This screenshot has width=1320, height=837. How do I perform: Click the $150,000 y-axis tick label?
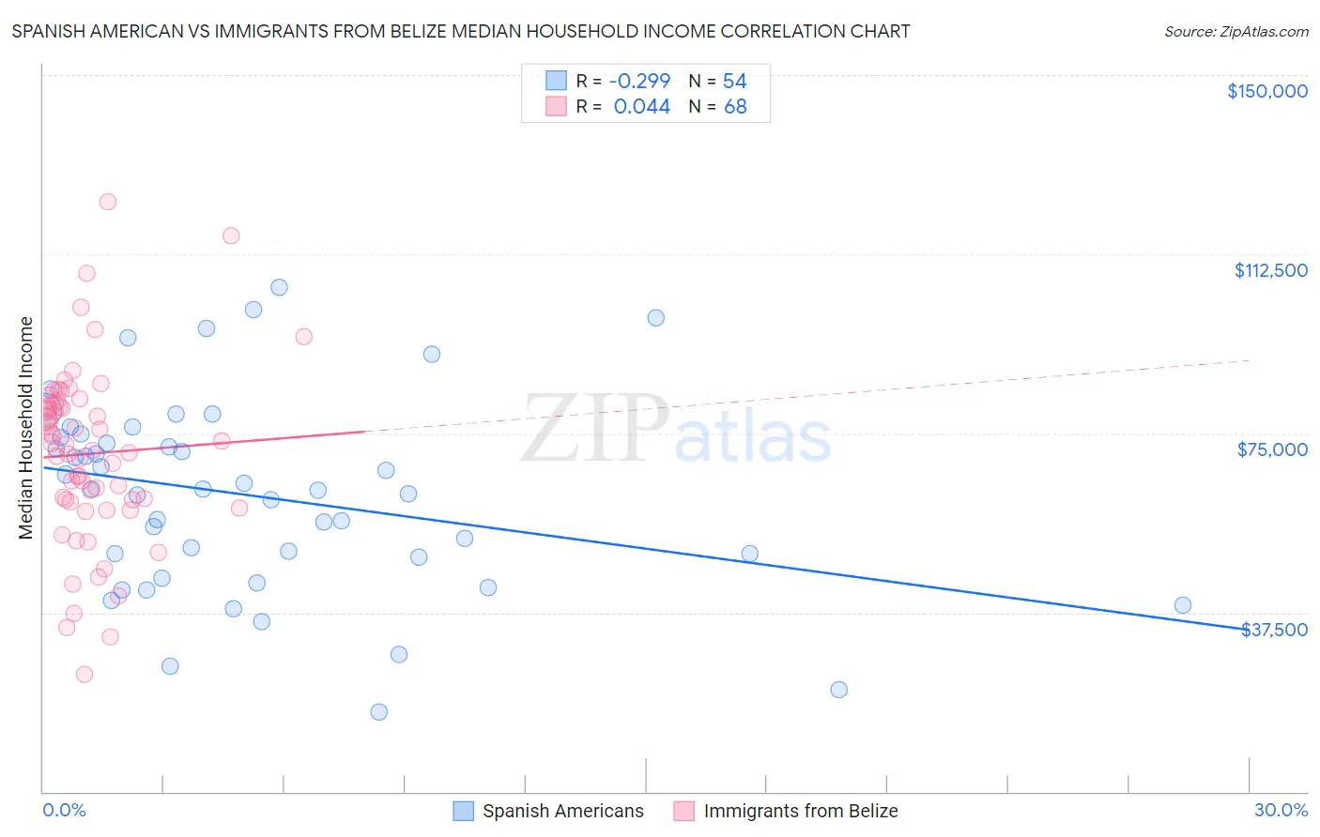pyautogui.click(x=1266, y=91)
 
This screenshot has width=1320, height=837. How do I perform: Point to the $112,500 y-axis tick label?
pyautogui.click(x=1270, y=270)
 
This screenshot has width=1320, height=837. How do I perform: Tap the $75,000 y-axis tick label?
pyautogui.click(x=1272, y=449)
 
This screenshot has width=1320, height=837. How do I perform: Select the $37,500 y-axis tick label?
pyautogui.click(x=1274, y=630)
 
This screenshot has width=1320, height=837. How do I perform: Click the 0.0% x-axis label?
pyautogui.click(x=64, y=810)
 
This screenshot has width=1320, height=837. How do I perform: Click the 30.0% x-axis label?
pyautogui.click(x=1281, y=810)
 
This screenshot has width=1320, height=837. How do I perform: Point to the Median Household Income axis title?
pyautogui.click(x=25, y=428)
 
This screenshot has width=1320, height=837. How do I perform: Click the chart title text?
pyautogui.click(x=461, y=31)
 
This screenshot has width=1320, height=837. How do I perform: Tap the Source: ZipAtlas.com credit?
pyautogui.click(x=1236, y=32)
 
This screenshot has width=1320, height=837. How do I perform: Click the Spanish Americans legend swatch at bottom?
pyautogui.click(x=463, y=811)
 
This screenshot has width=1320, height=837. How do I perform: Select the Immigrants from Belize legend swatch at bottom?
pyautogui.click(x=683, y=811)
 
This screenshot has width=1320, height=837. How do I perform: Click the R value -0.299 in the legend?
pyautogui.click(x=639, y=82)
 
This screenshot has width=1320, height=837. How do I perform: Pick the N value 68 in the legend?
pyautogui.click(x=735, y=107)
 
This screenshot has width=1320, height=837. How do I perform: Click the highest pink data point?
pyautogui.click(x=108, y=202)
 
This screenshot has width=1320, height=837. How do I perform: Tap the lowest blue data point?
pyautogui.click(x=379, y=711)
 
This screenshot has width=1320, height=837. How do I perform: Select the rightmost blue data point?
pyautogui.click(x=1183, y=605)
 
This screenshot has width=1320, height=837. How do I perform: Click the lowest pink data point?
pyautogui.click(x=84, y=674)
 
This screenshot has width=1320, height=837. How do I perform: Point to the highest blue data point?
pyautogui.click(x=279, y=287)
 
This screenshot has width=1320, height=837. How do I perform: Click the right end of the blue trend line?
pyautogui.click(x=1249, y=629)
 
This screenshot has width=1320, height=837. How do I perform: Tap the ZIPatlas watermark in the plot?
pyautogui.click(x=676, y=431)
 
